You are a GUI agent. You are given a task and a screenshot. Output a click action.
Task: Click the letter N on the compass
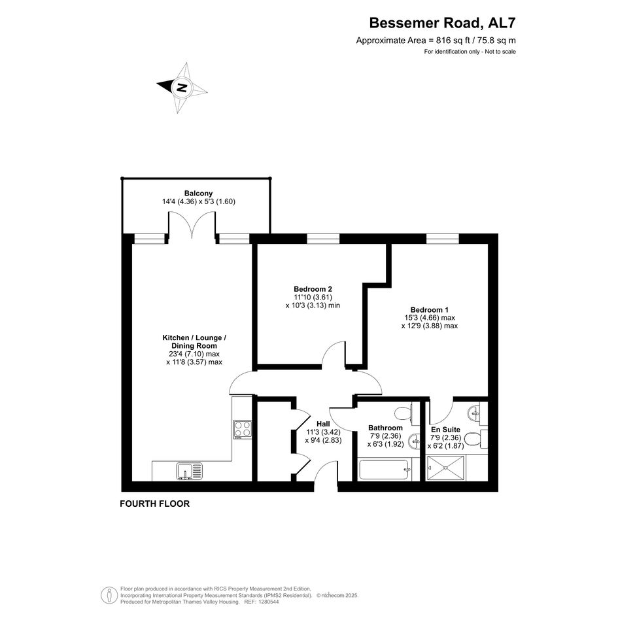click(x=182, y=88)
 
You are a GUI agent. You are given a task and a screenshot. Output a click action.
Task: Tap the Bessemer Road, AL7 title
click(x=442, y=23)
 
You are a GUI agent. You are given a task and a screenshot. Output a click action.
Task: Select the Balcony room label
click(x=199, y=193)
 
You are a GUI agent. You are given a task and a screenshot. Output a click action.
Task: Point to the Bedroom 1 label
click(x=429, y=310)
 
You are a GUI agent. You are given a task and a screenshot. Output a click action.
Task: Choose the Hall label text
click(x=323, y=424)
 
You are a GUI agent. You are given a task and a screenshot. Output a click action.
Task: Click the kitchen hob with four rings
click(x=243, y=430)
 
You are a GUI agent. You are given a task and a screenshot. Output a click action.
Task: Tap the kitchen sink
click(x=189, y=472)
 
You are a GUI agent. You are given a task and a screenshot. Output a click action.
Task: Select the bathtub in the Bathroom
click(x=385, y=470)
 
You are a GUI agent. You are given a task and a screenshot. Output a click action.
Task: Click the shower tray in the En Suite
click(x=446, y=468)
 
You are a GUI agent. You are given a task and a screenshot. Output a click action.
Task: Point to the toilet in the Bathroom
click(x=403, y=414)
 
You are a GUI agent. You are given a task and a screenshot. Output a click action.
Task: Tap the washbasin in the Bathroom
click(x=414, y=442)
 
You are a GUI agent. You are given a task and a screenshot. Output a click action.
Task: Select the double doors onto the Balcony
click(x=192, y=225)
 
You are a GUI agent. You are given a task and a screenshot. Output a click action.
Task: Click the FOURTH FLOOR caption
click(x=154, y=504)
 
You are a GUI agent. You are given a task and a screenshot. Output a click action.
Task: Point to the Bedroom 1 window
click(x=443, y=239)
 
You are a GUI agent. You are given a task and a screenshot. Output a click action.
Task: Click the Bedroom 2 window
click(x=323, y=239)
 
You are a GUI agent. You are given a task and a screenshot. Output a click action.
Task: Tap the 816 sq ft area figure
click(x=453, y=40)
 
